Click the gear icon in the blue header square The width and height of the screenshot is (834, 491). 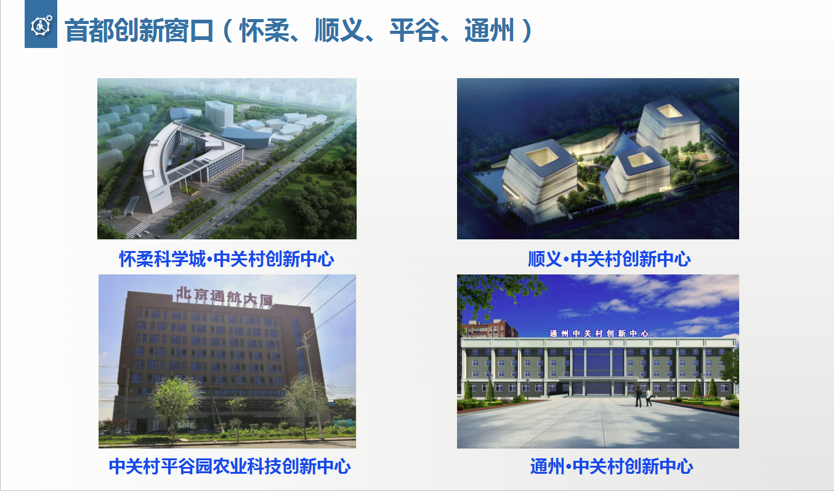(41, 25)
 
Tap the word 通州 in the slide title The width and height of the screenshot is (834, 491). (490, 31)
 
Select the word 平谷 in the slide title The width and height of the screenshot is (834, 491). (415, 31)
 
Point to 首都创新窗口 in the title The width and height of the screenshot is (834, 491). (139, 31)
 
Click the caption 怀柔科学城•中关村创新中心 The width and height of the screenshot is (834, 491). (227, 259)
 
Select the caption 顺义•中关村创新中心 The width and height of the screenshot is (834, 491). (609, 259)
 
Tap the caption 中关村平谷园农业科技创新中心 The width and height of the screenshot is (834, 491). (230, 466)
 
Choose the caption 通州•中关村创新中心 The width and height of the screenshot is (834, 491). (612, 466)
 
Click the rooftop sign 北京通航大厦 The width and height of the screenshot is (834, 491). (225, 297)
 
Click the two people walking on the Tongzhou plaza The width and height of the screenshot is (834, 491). (644, 396)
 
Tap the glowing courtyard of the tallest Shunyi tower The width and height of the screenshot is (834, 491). (669, 111)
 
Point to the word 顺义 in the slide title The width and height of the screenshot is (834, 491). (339, 31)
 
